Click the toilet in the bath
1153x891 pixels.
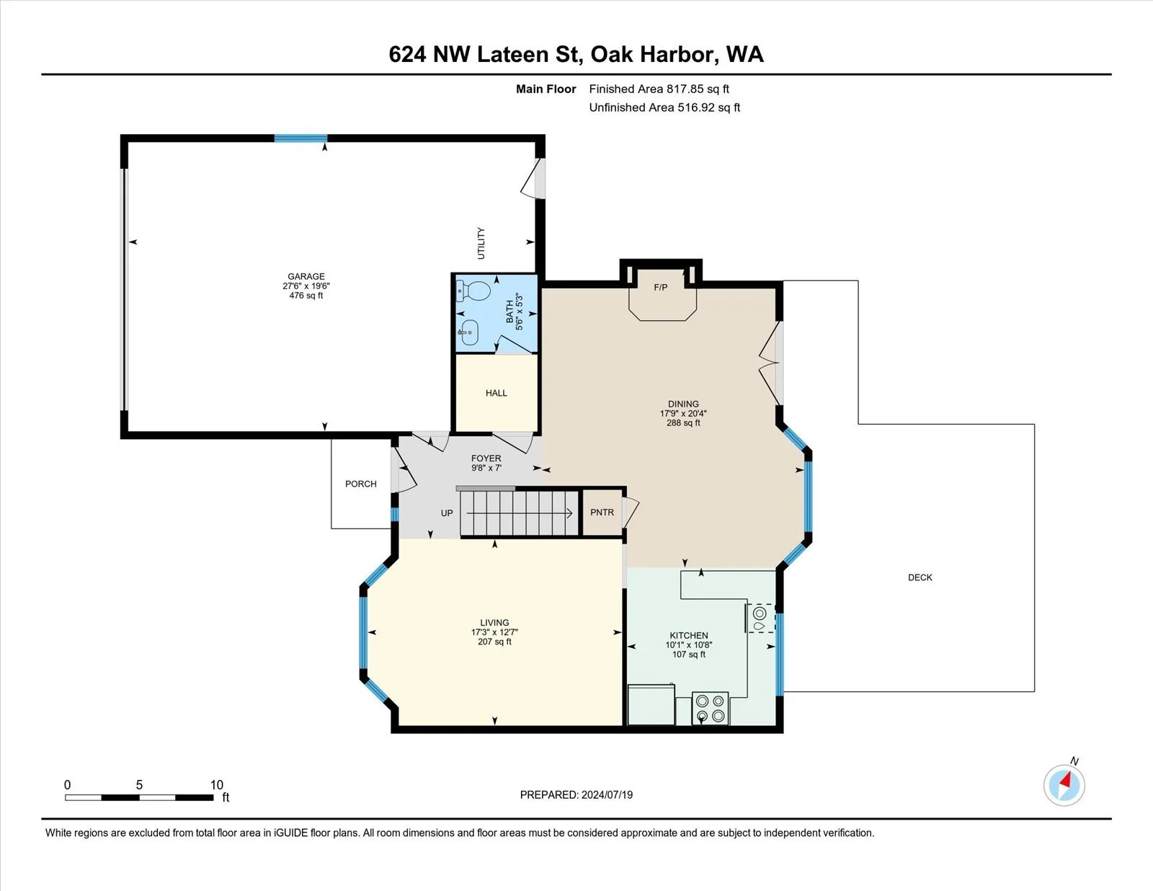[473, 291]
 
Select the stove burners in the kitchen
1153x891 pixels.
[711, 709]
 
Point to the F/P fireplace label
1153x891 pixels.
[661, 288]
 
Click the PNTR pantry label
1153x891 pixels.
[602, 512]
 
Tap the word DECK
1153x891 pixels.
[920, 577]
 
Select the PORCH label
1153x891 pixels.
[361, 484]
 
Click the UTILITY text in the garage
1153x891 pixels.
[481, 243]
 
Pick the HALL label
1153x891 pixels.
[496, 393]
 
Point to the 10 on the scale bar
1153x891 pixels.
[216, 785]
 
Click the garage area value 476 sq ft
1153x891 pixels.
[306, 296]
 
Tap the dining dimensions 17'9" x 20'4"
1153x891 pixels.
[683, 413]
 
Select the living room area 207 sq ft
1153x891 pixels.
[494, 642]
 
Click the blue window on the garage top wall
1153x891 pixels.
[301, 138]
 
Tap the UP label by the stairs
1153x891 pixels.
[447, 513]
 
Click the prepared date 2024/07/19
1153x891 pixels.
[607, 795]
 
